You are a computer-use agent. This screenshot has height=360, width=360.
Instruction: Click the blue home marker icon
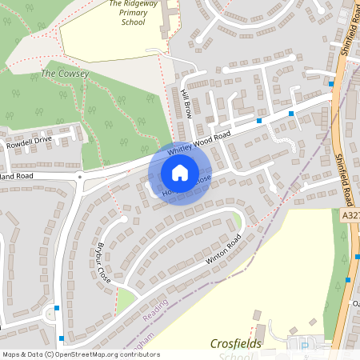point(180,172)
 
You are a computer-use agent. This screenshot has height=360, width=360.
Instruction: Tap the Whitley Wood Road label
point(198,143)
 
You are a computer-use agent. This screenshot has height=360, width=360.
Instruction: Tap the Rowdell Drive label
point(29,142)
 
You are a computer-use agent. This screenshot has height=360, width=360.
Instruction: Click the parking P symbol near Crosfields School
point(305,345)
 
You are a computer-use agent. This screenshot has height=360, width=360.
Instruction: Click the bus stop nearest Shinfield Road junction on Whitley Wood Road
point(291,114)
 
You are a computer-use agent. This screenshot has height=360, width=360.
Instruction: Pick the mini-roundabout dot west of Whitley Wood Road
point(79,175)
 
